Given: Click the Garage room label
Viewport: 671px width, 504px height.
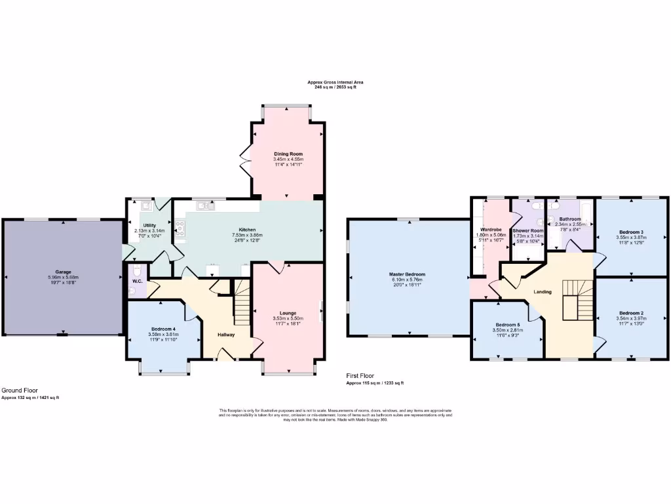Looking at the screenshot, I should click(x=63, y=271).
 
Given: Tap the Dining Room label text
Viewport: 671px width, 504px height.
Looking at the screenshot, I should click(x=288, y=154).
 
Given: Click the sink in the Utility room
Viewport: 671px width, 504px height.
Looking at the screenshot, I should click(x=145, y=206).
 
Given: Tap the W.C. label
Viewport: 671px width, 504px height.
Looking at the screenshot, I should click(x=138, y=282).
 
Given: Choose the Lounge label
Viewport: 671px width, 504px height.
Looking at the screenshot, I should click(x=288, y=313).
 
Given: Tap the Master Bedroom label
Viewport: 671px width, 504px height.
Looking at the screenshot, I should click(x=407, y=274).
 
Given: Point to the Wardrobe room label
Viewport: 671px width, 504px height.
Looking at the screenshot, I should click(x=491, y=229).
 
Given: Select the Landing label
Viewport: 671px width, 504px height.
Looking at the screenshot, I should click(x=543, y=292).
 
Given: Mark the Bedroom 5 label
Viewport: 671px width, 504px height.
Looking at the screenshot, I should click(x=507, y=325).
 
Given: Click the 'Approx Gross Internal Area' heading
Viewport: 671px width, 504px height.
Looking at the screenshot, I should click(x=335, y=82).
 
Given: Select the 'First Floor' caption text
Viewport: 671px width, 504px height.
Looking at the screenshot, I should click(x=361, y=376).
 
